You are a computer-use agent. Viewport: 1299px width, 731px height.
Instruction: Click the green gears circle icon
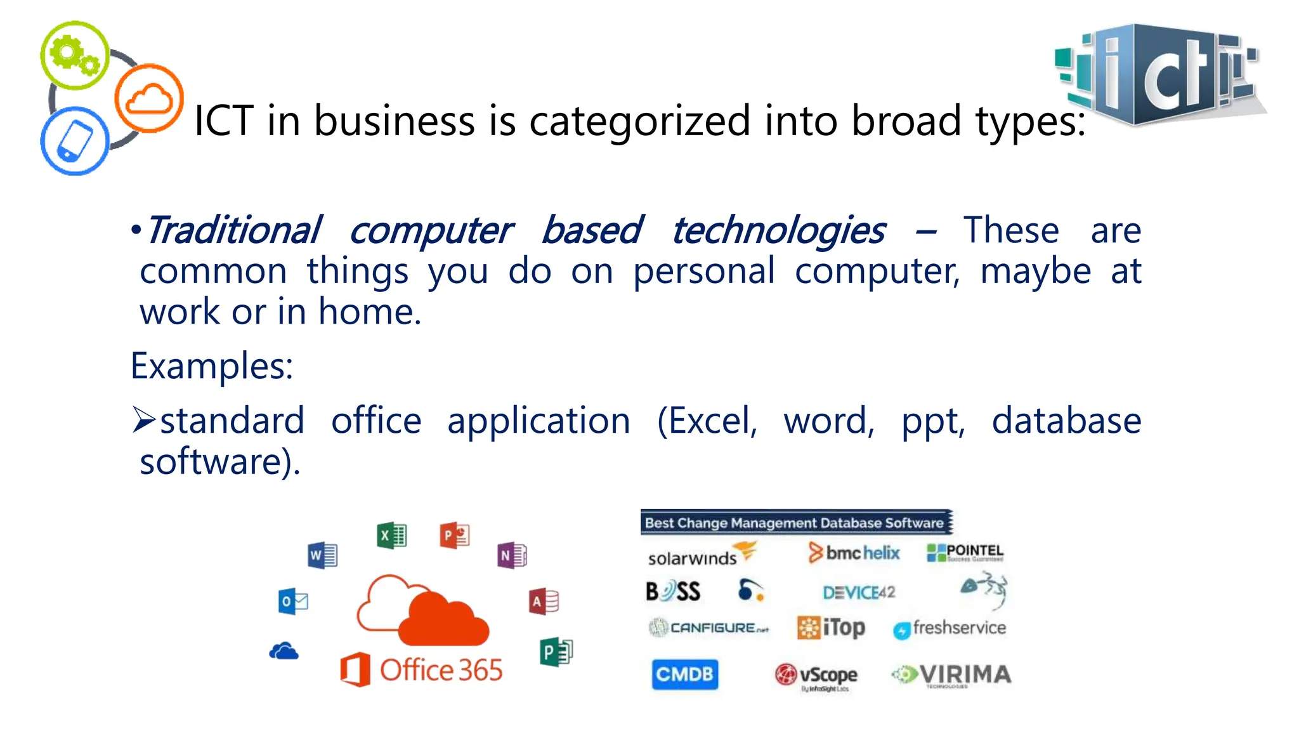(75, 55)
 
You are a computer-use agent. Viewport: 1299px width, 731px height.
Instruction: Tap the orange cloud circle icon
(149, 98)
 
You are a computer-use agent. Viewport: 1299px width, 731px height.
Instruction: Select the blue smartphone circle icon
(75, 141)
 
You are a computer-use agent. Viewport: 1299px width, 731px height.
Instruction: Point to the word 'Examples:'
(212, 366)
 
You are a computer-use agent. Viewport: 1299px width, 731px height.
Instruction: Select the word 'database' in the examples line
(1066, 421)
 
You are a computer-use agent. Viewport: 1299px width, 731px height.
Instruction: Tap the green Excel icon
(391, 536)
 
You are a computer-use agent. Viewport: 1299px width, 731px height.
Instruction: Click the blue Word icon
(322, 556)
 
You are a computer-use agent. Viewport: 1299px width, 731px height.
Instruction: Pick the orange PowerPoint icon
(455, 536)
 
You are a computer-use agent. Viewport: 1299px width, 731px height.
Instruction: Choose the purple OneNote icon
(512, 556)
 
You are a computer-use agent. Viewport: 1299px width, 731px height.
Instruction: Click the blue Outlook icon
(293, 601)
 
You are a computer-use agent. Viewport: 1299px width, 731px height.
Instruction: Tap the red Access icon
(544, 601)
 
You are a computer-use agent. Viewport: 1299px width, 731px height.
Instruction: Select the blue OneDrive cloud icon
(284, 652)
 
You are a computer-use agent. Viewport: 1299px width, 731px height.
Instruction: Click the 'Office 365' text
(441, 670)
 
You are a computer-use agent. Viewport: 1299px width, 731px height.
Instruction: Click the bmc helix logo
(854, 553)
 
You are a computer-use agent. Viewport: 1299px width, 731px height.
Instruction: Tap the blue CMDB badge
(685, 674)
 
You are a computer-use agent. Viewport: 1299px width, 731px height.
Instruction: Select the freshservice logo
(950, 628)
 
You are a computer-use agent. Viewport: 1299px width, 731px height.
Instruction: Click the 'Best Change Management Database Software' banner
(796, 523)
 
